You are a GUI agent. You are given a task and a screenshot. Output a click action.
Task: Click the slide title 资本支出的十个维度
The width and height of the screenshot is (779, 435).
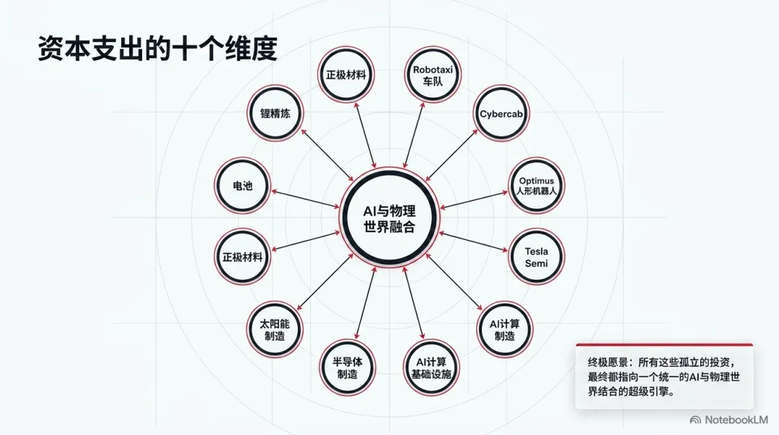157,49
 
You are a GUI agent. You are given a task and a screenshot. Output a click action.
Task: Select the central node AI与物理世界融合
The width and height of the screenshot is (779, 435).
389,218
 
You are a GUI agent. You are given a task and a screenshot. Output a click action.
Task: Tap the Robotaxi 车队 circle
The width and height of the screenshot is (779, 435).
432,75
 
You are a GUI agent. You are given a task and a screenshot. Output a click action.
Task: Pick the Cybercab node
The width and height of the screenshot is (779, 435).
501,114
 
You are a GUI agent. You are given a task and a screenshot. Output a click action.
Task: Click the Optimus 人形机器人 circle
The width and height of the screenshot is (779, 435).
537,185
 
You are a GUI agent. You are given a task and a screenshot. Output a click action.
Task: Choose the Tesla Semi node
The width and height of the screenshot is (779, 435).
537,257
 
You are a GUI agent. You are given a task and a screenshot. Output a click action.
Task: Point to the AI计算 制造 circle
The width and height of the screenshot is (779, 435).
504,329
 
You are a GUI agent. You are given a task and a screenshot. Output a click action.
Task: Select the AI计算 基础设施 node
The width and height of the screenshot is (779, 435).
431,368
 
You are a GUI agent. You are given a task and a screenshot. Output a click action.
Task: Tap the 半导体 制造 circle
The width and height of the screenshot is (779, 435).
347,368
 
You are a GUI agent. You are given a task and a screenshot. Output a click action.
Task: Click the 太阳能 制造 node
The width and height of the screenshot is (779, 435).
275,329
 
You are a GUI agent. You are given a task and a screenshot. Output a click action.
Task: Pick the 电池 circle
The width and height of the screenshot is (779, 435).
242,185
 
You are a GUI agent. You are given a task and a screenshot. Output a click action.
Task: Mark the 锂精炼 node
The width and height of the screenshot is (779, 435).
276,113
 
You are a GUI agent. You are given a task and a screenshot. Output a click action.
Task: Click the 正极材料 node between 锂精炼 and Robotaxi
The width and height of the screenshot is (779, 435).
346,75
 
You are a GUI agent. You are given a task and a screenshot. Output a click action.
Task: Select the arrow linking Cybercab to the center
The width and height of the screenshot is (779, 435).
452,155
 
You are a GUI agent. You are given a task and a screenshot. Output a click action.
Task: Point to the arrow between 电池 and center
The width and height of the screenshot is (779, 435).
306,199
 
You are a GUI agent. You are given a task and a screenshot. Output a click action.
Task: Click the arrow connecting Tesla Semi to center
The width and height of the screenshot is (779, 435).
473,242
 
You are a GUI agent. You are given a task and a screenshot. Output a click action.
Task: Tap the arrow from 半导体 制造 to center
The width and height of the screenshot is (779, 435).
366,304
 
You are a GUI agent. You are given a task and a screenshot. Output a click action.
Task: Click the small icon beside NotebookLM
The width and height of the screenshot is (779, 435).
695,420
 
